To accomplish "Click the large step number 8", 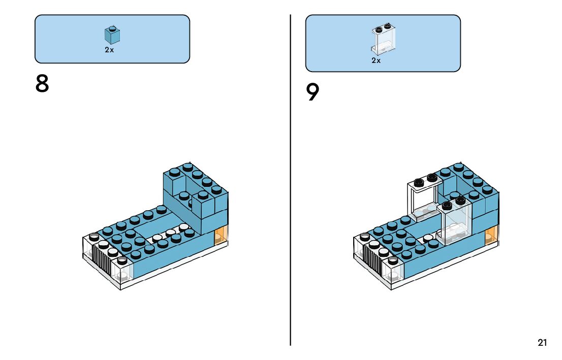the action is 42,84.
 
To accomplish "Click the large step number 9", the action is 313,92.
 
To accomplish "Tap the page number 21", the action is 542,343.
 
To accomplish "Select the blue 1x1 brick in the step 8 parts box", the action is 112,35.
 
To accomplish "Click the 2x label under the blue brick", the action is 109,50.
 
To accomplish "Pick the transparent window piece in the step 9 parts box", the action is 384,39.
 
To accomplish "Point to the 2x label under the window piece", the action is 376,61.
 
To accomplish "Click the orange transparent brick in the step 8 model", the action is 221,236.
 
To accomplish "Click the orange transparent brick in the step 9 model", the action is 491,236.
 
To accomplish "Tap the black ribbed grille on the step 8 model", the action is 102,258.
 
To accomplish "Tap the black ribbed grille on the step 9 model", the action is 372,258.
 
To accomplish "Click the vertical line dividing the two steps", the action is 290,180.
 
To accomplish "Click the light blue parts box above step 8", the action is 112,39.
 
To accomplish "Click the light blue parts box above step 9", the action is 383,43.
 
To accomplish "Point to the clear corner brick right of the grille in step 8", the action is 122,270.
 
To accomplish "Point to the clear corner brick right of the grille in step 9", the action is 393,270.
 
